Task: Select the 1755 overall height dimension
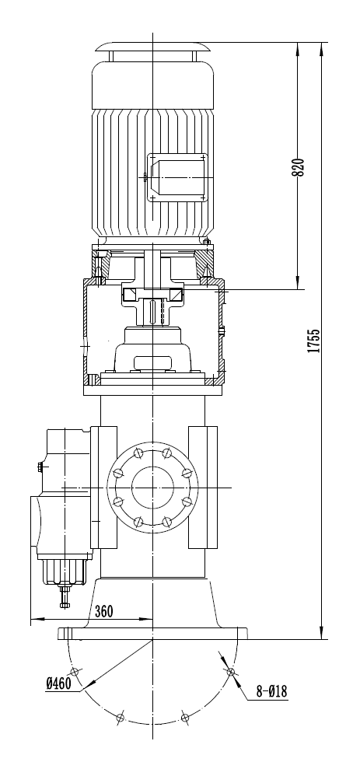tap(313, 340)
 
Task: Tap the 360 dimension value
tap(103, 610)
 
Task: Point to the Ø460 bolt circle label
tap(59, 683)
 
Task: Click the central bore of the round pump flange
tap(152, 487)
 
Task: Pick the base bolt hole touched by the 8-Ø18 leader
tap(229, 671)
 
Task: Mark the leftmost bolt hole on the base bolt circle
tap(75, 671)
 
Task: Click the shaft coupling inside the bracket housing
tap(152, 296)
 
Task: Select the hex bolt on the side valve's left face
tap(39, 467)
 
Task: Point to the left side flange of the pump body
tap(103, 487)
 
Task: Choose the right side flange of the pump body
tap(202, 487)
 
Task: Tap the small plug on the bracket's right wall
tap(222, 332)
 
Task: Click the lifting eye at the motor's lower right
tap(206, 242)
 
